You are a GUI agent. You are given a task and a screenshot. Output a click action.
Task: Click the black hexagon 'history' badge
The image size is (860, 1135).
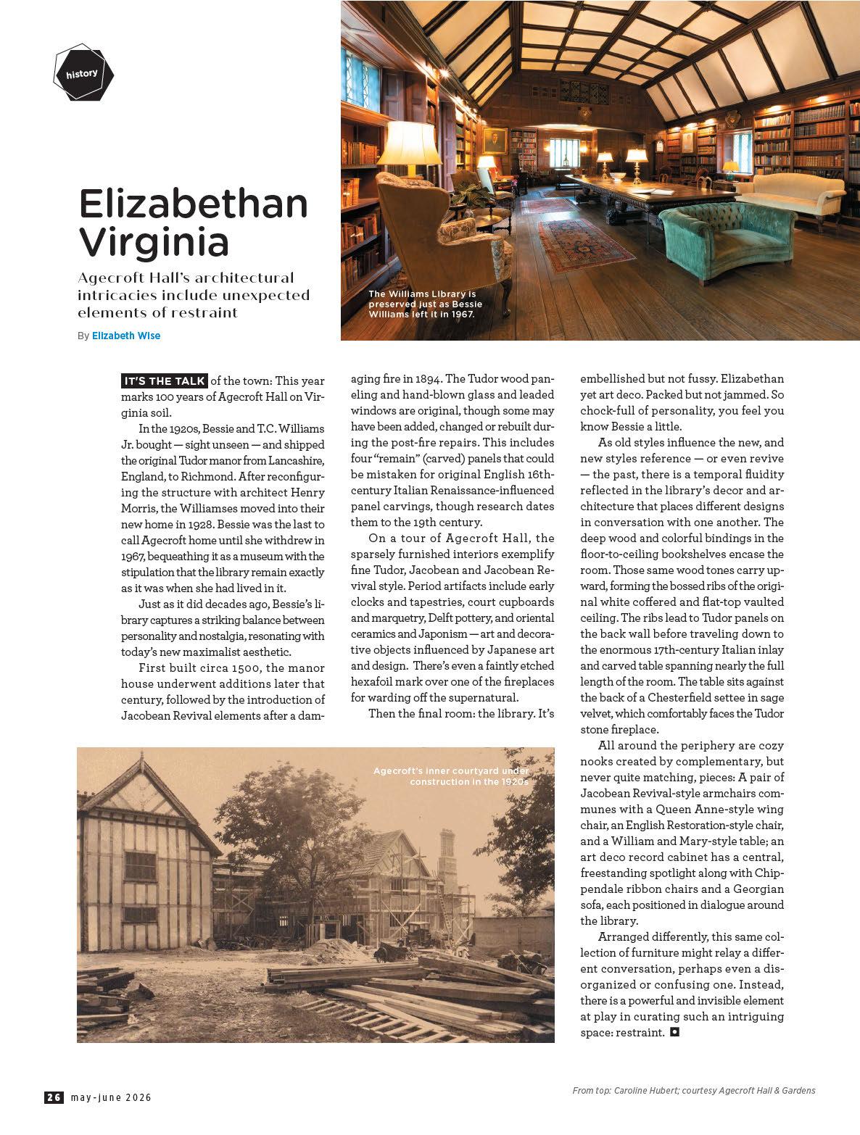coord(84,73)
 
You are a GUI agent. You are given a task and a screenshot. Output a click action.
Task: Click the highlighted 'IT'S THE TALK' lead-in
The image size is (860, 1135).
coord(164,381)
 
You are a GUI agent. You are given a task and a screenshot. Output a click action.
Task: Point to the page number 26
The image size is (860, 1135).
coord(54,1097)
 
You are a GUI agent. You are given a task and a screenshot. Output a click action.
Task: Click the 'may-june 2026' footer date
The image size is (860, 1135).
coord(111,1097)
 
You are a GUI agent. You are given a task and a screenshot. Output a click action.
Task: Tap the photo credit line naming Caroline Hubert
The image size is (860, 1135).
coord(693,1090)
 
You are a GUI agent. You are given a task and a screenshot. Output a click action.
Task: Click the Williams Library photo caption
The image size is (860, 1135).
coord(425,304)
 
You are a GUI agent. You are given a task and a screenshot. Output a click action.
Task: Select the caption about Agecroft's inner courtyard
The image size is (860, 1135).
coord(451,776)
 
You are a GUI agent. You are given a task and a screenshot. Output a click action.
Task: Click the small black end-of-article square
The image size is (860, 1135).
coord(674,1032)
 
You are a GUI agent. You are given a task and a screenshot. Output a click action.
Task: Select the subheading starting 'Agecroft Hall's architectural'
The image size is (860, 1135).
coord(194,295)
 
